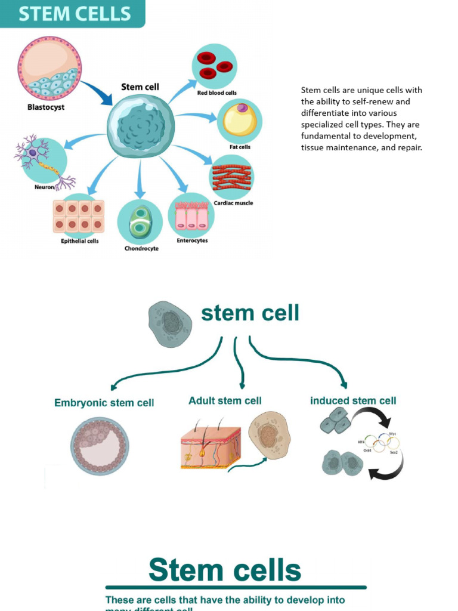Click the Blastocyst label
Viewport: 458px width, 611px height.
pos(46,107)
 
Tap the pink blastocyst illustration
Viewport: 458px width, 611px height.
pos(49,67)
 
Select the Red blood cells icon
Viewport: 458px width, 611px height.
pos(215,66)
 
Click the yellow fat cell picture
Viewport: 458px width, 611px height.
pos(240,119)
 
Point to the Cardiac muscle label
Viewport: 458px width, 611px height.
pos(233,203)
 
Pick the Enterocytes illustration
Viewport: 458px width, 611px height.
pos(191,216)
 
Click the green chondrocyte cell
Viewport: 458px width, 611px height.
pos(141,223)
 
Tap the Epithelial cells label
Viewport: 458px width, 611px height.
pos(80,241)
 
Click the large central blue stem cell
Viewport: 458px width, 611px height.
pos(140,126)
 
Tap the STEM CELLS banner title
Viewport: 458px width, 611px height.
pos(74,13)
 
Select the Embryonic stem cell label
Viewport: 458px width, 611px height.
pos(104,403)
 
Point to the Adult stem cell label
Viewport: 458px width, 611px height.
pos(225,400)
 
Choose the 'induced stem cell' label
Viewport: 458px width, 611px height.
pos(353,400)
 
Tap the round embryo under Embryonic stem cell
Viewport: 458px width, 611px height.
pos(100,446)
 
